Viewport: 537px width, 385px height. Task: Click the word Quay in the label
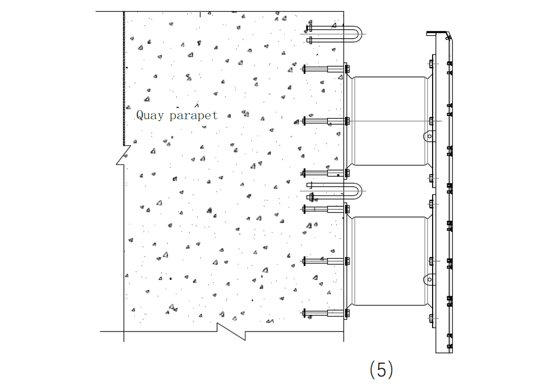click(151, 115)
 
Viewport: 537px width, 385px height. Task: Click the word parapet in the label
click(194, 116)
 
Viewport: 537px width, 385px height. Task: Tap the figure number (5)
click(381, 370)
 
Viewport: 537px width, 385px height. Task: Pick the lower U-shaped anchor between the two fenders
click(336, 191)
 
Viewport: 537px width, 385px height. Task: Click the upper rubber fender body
click(389, 121)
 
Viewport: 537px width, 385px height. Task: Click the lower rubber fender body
click(389, 261)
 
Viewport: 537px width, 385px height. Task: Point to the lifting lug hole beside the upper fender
click(429, 136)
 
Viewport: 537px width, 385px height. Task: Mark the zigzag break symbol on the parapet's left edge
click(123, 156)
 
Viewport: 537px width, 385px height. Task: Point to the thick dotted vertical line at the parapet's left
click(124, 79)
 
